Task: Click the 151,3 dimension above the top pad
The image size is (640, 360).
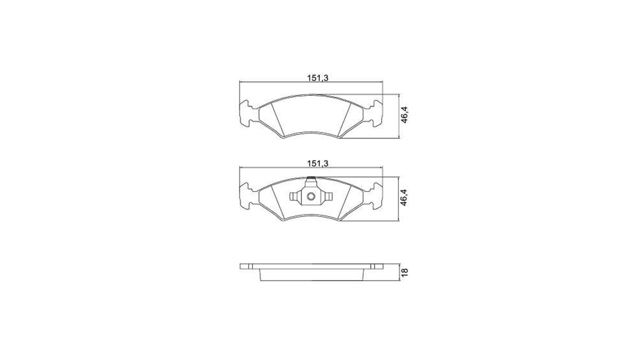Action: click(x=317, y=77)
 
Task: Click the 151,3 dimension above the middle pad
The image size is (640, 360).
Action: click(x=317, y=163)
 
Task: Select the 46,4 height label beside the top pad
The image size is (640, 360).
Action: click(x=404, y=115)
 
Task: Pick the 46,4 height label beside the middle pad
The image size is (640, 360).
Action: click(x=404, y=197)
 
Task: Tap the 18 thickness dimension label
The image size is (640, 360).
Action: click(x=404, y=272)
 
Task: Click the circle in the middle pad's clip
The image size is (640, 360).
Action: click(x=311, y=196)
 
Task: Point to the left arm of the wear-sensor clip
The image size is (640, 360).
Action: click(x=295, y=196)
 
